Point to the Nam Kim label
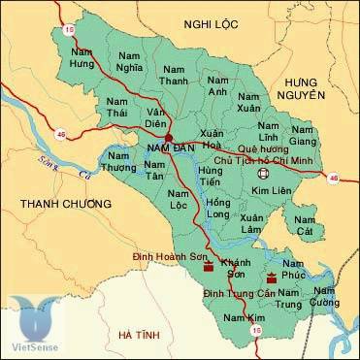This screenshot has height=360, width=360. click(239, 319)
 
